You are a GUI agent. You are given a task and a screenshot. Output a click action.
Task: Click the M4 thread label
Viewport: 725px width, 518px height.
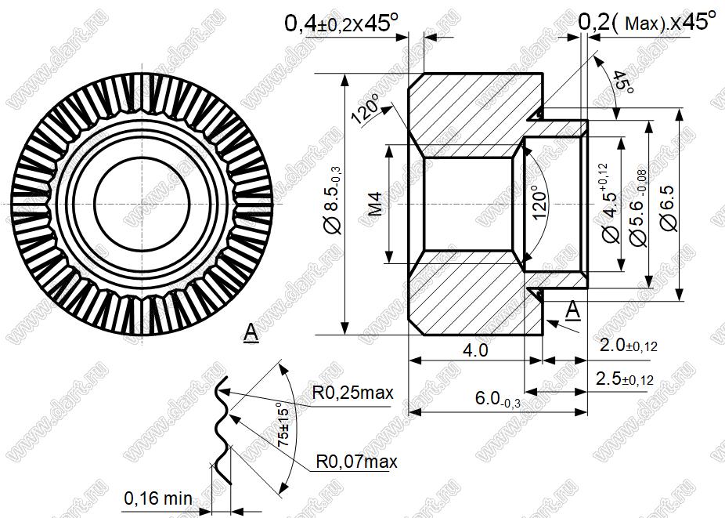coord(377,204)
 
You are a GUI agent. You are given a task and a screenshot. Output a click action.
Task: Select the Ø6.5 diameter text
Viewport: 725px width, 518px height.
coord(669,208)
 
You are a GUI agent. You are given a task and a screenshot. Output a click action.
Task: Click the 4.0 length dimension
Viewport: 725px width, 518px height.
coord(475,350)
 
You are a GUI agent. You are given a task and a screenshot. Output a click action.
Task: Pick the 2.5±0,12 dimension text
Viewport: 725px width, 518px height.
coord(625,379)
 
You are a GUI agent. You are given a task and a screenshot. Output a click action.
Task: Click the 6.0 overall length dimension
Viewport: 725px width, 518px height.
coord(497,399)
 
